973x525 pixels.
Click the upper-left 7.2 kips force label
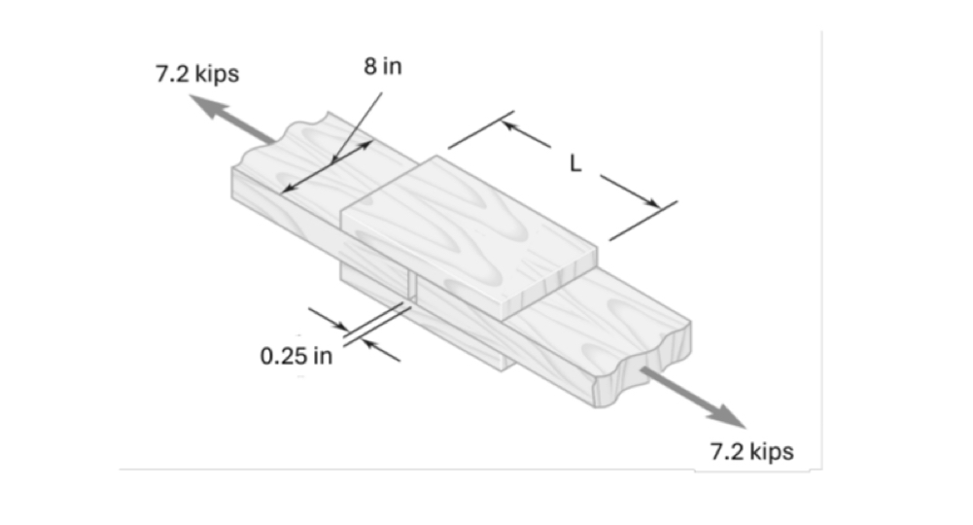(x=197, y=75)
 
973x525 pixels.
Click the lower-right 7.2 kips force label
(x=751, y=451)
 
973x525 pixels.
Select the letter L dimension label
(x=575, y=164)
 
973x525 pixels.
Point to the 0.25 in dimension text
(x=295, y=355)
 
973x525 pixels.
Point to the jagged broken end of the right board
(x=642, y=369)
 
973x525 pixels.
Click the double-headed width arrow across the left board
(x=326, y=167)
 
